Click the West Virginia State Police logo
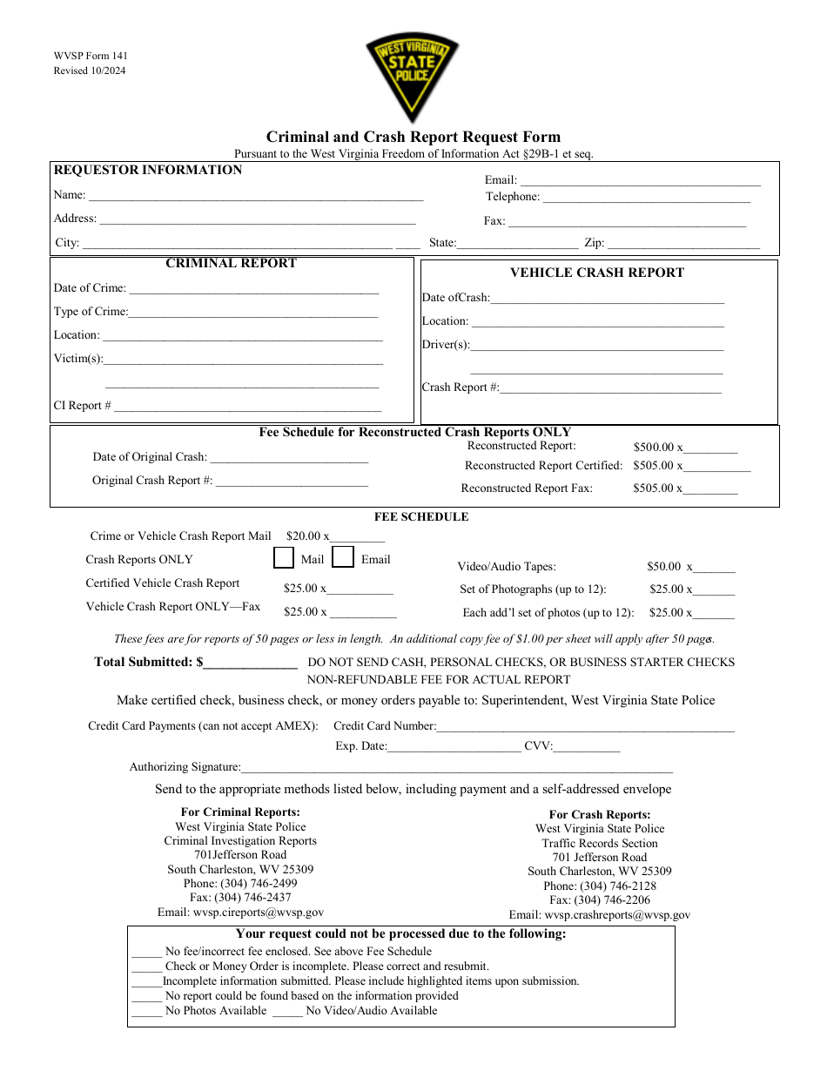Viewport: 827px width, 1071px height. coord(412,77)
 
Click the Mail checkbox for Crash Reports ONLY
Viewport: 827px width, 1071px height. coord(284,557)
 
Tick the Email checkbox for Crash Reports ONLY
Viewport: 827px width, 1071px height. coord(343,557)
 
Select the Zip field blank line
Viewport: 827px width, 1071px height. coord(683,246)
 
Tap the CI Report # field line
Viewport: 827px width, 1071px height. coord(247,408)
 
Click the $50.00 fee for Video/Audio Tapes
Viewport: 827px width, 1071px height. coord(664,567)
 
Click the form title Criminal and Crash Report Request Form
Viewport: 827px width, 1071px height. coord(413,137)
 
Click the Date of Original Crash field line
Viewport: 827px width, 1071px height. coord(289,459)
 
